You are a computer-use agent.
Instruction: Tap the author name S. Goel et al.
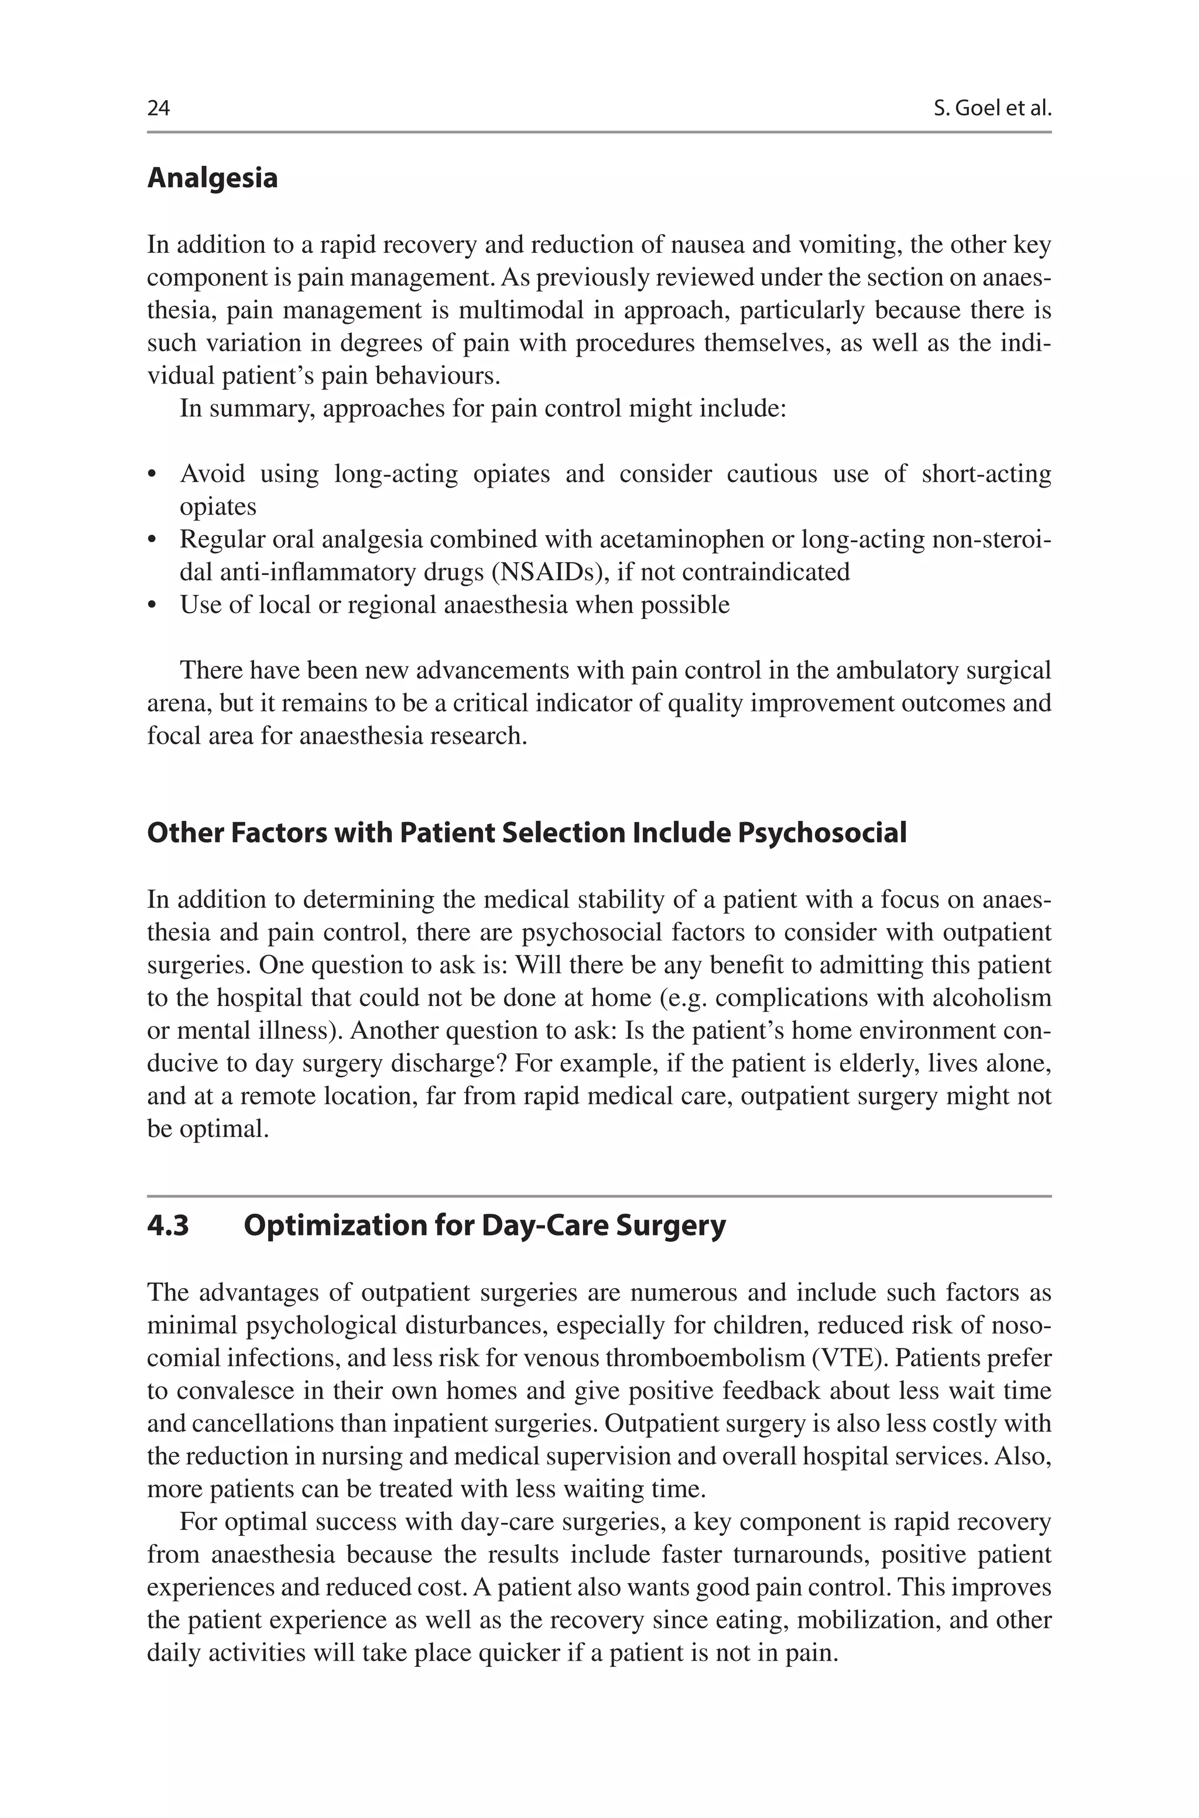(992, 108)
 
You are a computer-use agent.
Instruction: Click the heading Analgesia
(212, 178)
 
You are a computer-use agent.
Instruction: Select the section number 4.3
(167, 1225)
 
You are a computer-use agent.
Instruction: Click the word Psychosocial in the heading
(822, 833)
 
